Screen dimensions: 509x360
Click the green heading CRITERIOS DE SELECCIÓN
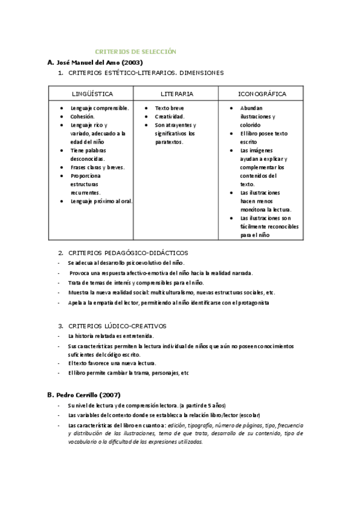coord(136,52)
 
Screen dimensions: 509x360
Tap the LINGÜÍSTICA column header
coord(92,94)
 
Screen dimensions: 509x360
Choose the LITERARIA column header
coord(177,94)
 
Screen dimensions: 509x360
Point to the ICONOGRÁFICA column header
coord(262,94)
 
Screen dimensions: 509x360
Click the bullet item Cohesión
coord(82,116)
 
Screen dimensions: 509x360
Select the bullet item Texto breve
coord(169,108)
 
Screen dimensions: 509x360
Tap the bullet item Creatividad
coord(170,116)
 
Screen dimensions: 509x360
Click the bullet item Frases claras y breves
coord(97,167)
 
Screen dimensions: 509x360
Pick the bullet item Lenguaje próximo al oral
coord(101,202)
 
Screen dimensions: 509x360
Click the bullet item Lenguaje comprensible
coord(100,108)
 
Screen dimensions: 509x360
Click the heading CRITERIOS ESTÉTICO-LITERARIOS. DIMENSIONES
coord(146,73)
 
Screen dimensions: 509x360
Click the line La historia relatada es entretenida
coord(111,336)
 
